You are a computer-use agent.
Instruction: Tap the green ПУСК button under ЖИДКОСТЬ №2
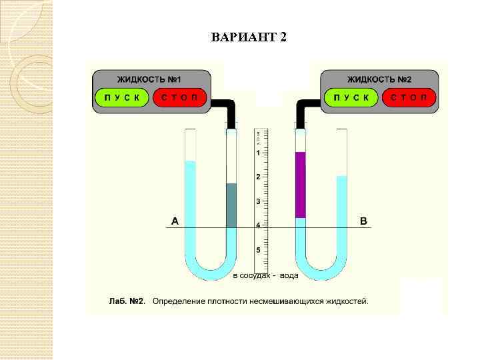(351, 98)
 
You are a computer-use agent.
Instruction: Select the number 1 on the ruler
(259, 153)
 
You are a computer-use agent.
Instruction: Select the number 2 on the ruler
(259, 177)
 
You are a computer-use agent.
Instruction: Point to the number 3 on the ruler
(259, 201)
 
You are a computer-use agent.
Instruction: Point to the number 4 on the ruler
(259, 225)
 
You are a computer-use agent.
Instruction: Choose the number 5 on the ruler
(259, 250)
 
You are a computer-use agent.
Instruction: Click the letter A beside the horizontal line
(175, 221)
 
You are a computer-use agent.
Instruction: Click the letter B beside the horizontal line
(363, 221)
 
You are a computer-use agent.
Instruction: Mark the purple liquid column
(301, 185)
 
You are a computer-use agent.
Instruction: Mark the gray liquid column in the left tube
(231, 205)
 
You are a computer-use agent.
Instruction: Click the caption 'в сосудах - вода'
(265, 275)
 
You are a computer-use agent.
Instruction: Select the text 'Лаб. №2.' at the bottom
(127, 301)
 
